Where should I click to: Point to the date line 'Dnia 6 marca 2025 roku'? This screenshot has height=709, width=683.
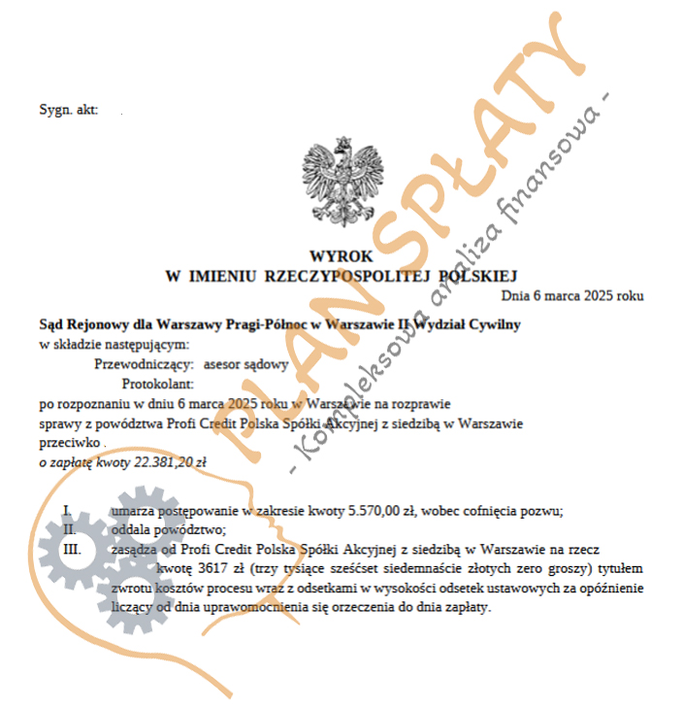[x=572, y=294]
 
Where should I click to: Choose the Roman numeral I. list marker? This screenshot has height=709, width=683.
[x=68, y=511]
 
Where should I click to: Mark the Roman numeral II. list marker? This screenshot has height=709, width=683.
[x=70, y=529]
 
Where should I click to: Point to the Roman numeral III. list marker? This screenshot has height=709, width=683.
[x=72, y=549]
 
